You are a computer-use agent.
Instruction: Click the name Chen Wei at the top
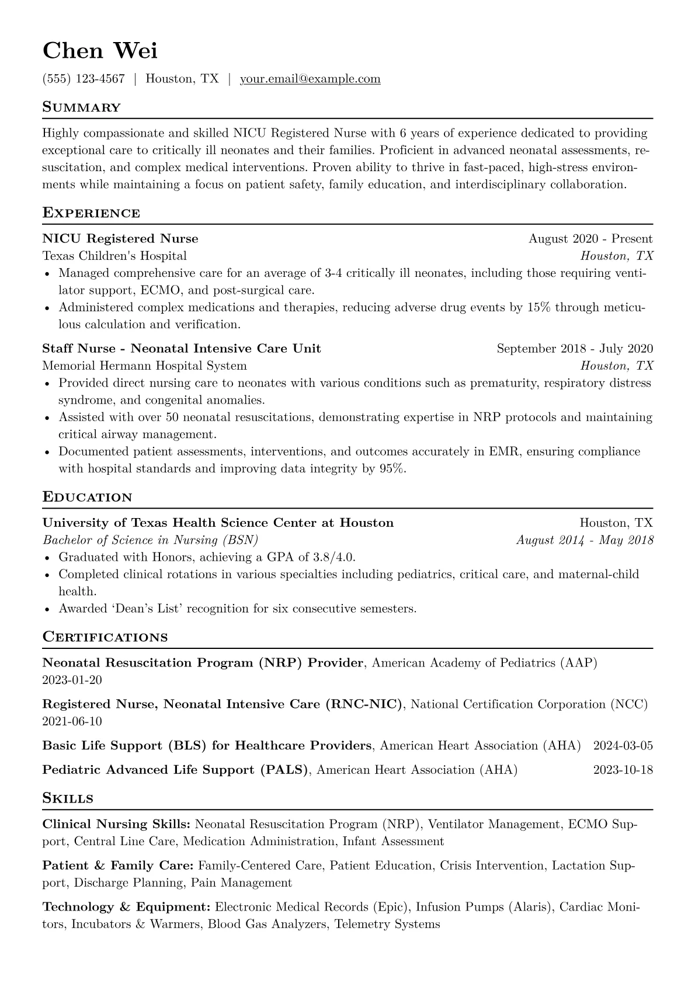pyautogui.click(x=100, y=51)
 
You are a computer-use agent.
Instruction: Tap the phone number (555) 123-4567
pyautogui.click(x=84, y=79)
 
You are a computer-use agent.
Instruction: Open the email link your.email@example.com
pyautogui.click(x=310, y=79)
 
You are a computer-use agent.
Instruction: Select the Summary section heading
pyautogui.click(x=82, y=107)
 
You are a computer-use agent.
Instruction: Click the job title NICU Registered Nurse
pyautogui.click(x=120, y=239)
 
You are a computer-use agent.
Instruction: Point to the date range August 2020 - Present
pyautogui.click(x=590, y=239)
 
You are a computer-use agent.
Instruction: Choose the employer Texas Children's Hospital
pyautogui.click(x=114, y=256)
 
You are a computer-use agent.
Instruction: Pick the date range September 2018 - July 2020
pyautogui.click(x=575, y=349)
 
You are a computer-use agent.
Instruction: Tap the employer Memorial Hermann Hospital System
pyautogui.click(x=144, y=366)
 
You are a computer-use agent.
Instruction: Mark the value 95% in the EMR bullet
pyautogui.click(x=392, y=468)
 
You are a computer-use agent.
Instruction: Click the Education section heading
pyautogui.click(x=88, y=498)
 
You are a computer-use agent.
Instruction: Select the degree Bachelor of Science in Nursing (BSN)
pyautogui.click(x=150, y=540)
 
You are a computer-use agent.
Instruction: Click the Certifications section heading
pyautogui.click(x=105, y=637)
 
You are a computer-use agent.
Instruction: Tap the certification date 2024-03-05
pyautogui.click(x=623, y=746)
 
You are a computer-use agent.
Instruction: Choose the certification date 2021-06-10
pyautogui.click(x=72, y=721)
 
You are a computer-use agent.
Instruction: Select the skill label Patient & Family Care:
pyautogui.click(x=119, y=866)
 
